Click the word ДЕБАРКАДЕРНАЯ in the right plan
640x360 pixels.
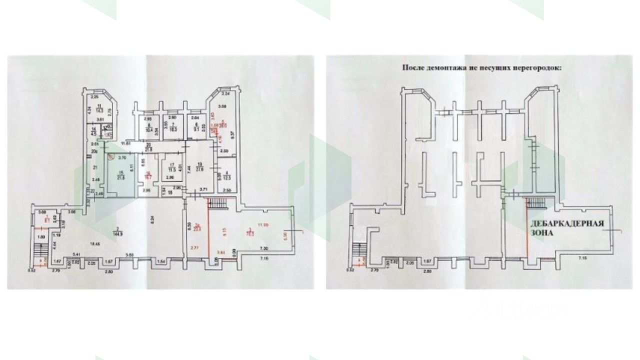567,224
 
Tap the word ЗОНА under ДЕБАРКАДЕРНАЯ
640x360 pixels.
541,233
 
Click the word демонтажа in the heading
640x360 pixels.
442,66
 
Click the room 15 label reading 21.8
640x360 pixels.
120,176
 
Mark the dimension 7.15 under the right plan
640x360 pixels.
582,258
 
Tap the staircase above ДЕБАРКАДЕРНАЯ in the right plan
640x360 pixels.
536,203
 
